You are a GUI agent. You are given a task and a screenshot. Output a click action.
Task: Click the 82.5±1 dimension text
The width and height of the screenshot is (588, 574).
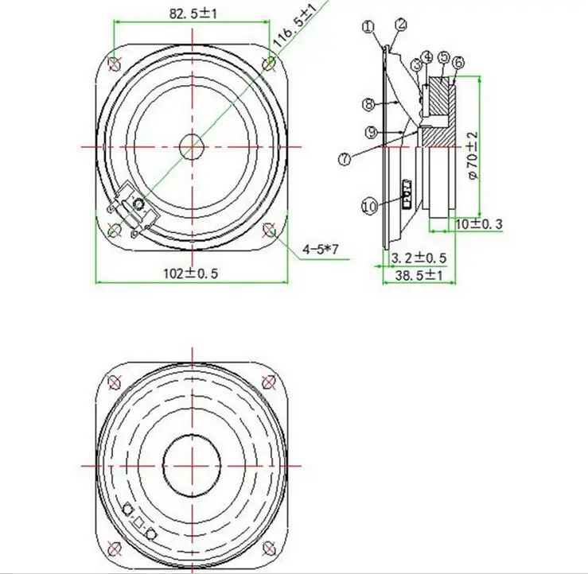tap(193, 14)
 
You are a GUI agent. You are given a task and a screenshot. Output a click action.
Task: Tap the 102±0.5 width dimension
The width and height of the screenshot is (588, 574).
tap(190, 273)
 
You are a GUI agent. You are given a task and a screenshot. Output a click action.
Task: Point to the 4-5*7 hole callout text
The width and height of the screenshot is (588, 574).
tap(321, 249)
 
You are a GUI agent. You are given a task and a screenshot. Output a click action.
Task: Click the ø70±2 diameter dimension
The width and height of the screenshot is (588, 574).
tap(473, 155)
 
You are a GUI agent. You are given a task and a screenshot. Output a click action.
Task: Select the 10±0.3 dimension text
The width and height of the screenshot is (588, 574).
tap(478, 224)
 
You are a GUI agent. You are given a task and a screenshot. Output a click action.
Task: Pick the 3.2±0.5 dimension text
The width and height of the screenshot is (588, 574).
tap(419, 258)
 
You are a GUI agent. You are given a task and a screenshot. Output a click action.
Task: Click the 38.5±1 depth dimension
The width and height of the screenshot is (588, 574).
tap(419, 276)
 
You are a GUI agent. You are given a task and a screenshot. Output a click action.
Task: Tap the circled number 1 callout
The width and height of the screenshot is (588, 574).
tap(368, 26)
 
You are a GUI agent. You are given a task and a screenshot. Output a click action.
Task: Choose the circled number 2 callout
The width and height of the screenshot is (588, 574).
tap(401, 25)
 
